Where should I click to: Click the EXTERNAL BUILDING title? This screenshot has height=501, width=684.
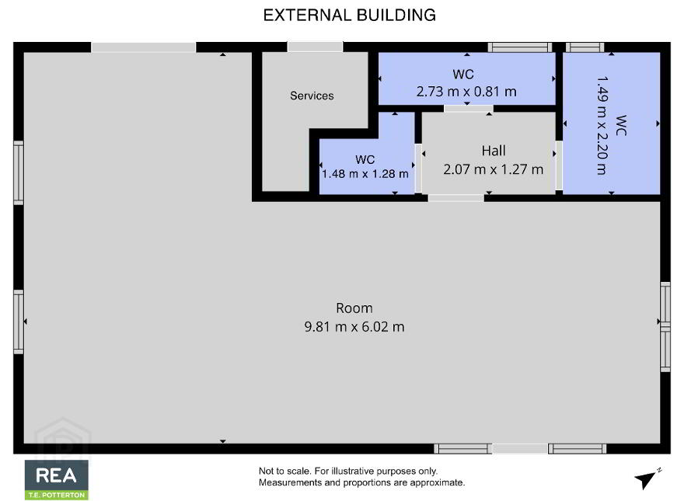[x=350, y=16]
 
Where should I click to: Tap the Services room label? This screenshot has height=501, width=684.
[x=312, y=96]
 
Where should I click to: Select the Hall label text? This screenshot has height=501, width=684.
[x=494, y=151]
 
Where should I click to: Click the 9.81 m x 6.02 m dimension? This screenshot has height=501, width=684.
[x=354, y=326]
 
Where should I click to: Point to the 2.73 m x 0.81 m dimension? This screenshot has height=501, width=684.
[x=466, y=92]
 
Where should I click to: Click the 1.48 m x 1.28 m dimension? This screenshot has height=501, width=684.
[x=365, y=174]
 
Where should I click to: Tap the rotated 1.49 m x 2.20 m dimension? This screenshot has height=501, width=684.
[x=602, y=126]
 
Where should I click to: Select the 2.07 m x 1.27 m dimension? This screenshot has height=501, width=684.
[x=494, y=169]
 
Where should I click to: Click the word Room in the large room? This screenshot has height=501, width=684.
[x=354, y=308]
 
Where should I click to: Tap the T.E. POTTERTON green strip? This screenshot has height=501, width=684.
[x=57, y=495]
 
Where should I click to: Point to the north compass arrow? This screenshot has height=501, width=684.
[x=647, y=478]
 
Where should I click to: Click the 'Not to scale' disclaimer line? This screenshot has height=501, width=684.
[x=348, y=471]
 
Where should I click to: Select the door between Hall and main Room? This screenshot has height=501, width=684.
[x=455, y=198]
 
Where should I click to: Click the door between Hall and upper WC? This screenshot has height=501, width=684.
[x=469, y=109]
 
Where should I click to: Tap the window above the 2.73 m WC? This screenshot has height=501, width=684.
[x=520, y=47]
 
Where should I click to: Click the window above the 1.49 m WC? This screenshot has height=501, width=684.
[x=585, y=47]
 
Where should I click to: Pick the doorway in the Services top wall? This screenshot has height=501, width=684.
[x=315, y=47]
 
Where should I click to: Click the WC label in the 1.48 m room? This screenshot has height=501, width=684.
[x=365, y=159]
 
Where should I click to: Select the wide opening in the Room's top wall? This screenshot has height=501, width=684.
[x=144, y=47]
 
